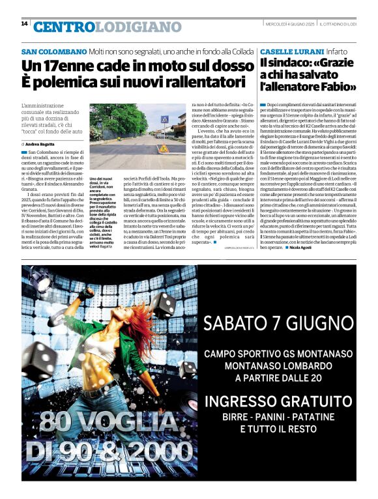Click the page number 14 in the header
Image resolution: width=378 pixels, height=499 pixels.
(24, 24)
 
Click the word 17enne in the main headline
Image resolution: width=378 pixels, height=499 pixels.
(71, 66)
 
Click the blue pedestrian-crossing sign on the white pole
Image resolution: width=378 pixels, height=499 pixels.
(164, 119)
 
